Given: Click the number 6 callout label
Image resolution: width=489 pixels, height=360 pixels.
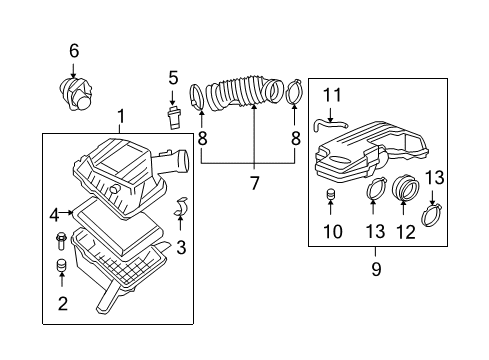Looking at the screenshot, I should (x=73, y=50).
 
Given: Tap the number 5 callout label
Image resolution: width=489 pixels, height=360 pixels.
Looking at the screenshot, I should (x=173, y=76).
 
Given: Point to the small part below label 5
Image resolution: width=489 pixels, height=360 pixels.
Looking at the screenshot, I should (x=173, y=111).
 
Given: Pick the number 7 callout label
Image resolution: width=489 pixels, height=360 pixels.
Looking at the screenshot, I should (x=254, y=182).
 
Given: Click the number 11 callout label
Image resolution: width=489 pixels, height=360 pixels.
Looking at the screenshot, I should (x=331, y=95).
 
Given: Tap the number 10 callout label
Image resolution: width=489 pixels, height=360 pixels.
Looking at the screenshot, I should (x=331, y=232).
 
